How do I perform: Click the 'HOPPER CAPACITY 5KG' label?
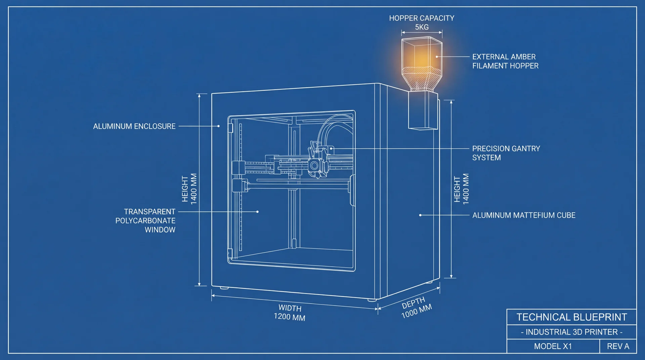point(422,22)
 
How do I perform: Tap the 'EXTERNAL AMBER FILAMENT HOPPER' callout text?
point(505,61)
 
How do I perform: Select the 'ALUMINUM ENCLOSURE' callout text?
point(134,126)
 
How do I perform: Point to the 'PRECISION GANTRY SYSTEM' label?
point(506,153)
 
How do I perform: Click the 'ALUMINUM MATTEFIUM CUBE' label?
point(524,215)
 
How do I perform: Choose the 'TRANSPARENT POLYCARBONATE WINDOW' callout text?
point(146,221)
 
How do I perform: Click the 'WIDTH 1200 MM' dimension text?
point(290,313)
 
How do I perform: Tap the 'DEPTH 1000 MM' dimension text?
point(416,307)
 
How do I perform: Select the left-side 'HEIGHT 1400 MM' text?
point(189,189)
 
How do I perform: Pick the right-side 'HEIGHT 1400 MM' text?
point(461,189)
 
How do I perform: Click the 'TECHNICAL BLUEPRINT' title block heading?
point(572,317)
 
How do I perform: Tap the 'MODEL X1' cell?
point(553,346)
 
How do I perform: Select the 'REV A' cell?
point(618,346)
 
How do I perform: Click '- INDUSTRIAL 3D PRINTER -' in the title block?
point(572,332)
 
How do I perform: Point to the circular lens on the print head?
point(314,165)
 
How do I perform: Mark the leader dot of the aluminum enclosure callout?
point(218,126)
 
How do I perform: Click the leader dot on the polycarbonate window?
point(257,212)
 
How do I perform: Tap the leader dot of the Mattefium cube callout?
point(420,215)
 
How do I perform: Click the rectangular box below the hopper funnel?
point(423,111)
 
